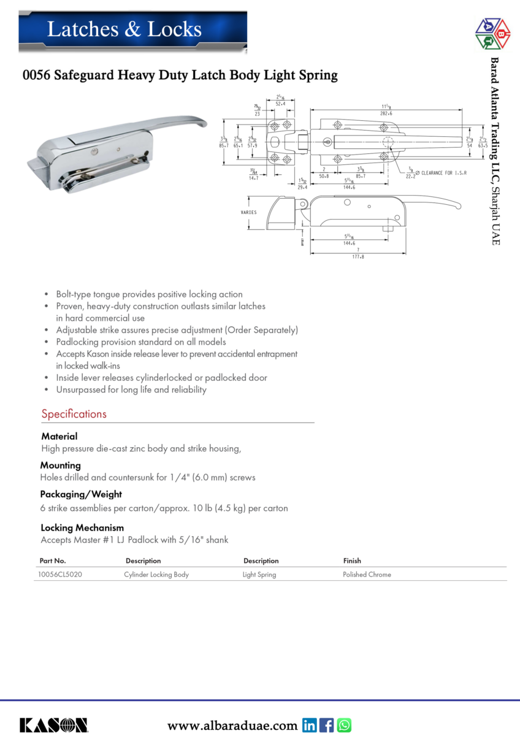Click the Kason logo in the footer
(x=53, y=725)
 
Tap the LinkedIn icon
(x=310, y=726)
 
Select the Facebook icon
(x=327, y=726)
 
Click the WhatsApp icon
(x=344, y=726)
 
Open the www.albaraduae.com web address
(x=232, y=726)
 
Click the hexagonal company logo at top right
(x=492, y=34)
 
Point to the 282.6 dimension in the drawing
(x=386, y=114)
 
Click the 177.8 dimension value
(x=358, y=257)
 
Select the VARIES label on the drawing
(x=248, y=212)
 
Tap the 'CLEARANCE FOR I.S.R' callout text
(x=443, y=174)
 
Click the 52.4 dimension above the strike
(x=280, y=104)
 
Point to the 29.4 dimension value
(x=302, y=187)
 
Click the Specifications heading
(x=74, y=414)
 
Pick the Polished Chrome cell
(x=367, y=575)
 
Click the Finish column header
(x=352, y=561)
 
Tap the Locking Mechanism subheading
(x=82, y=527)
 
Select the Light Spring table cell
(x=259, y=575)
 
